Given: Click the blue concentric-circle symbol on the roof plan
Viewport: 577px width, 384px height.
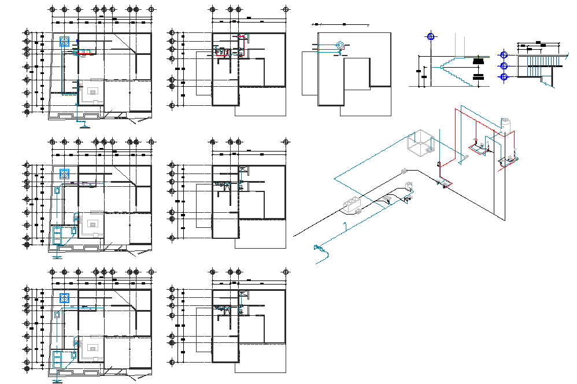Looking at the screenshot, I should [340, 45].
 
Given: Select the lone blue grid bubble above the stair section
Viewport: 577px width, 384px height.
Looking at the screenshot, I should [430, 37].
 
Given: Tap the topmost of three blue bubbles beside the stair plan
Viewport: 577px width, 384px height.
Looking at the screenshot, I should [504, 56].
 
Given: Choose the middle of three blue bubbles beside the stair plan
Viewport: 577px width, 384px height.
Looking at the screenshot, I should [504, 66].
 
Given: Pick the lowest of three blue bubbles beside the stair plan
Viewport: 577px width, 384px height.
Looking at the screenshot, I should [504, 76].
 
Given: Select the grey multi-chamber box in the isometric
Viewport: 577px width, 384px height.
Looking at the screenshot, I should [352, 205].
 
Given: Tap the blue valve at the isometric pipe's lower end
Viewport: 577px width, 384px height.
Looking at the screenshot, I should [317, 249].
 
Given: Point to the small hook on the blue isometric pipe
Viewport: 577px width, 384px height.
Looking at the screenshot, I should [345, 225].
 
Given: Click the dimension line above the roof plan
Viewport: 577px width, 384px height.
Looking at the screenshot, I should [341, 25].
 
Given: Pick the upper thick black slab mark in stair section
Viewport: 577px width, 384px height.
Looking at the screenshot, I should [478, 61].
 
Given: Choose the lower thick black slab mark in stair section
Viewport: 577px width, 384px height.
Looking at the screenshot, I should [478, 76].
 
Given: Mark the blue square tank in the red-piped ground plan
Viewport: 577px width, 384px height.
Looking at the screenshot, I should [65, 42].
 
